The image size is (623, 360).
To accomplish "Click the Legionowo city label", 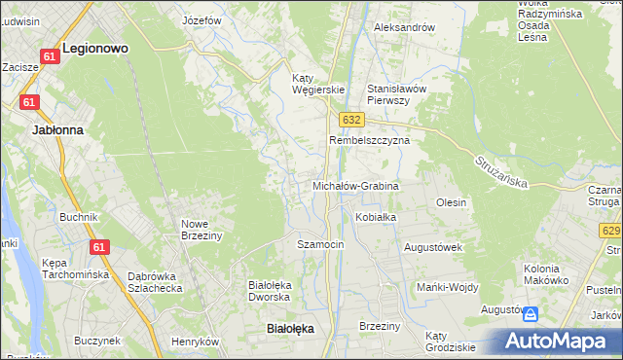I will pos(95,47).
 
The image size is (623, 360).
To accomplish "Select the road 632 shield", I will pos(351,119).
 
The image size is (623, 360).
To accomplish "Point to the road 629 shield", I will pos(611,231).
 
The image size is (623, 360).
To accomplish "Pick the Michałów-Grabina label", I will pos(355,185).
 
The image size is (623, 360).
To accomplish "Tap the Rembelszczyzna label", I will pos(370,140).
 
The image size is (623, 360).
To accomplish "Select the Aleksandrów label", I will pos(404,27).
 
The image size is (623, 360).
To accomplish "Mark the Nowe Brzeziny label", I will pos(202,229).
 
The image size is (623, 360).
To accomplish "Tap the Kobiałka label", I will pos(376,217).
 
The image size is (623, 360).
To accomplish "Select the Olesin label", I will pos(452,202).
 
